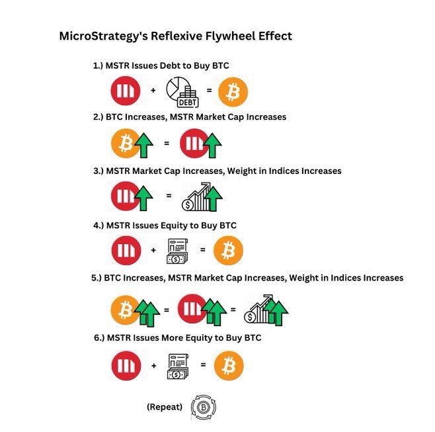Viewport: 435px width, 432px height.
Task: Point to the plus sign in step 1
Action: click(x=153, y=91)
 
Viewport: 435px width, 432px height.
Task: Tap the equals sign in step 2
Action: click(x=167, y=143)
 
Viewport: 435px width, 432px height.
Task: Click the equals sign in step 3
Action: click(x=169, y=196)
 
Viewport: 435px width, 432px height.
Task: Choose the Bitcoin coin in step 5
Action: click(x=124, y=310)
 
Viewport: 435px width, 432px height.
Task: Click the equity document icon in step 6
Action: click(x=178, y=365)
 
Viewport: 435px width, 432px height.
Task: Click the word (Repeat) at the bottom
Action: click(x=164, y=407)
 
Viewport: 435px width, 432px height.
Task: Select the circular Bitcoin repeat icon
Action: click(x=204, y=407)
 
